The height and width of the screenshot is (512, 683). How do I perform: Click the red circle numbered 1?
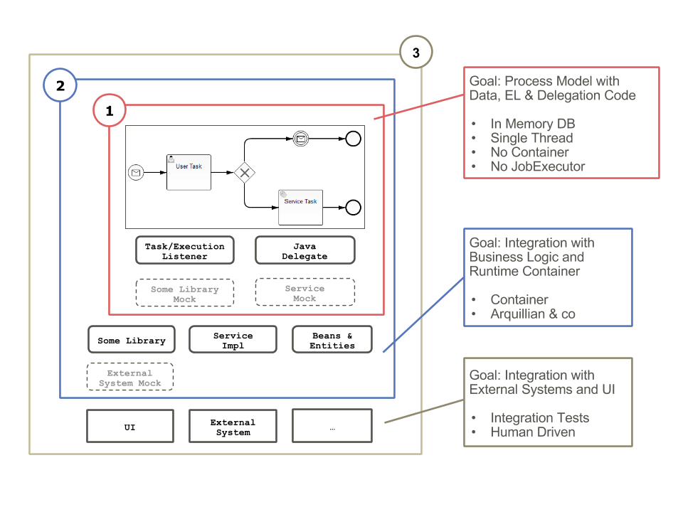109,111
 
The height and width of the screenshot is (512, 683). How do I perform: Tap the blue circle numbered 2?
60,86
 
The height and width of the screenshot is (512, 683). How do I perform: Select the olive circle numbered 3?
416,53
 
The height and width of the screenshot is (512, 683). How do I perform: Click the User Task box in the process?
189,171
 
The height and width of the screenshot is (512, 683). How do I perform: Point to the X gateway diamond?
245,172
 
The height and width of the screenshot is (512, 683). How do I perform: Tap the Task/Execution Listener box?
185,251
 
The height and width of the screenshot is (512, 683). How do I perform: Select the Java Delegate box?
305,251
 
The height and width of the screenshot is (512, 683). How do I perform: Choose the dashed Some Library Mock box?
185,293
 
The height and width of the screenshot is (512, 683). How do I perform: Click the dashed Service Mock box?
305,292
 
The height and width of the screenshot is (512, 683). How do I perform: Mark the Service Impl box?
233,340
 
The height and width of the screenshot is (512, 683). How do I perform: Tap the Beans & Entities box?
332,340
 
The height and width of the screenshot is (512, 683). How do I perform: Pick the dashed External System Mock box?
130,377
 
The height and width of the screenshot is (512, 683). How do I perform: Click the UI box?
129,426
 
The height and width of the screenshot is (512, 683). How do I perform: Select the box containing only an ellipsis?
332,426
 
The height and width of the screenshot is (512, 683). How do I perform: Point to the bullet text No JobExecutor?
538,166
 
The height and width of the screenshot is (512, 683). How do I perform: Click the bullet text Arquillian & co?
533,314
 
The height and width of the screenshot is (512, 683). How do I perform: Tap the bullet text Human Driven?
533,432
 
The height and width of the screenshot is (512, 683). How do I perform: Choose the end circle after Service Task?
353,208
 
